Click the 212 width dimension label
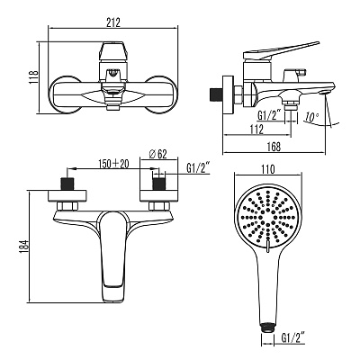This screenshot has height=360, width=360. pyautogui.click(x=113, y=22)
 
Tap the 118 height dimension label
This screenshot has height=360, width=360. pyautogui.click(x=34, y=77)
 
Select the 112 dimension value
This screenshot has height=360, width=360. pyautogui.click(x=256, y=130)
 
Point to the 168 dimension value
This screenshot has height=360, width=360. pyautogui.click(x=274, y=147)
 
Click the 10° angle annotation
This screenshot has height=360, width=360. pyautogui.click(x=311, y=117)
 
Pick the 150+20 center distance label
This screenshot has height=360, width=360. pyautogui.click(x=113, y=164)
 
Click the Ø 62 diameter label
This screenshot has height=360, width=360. pyautogui.click(x=158, y=154)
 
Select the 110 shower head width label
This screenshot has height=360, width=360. pyautogui.click(x=268, y=169)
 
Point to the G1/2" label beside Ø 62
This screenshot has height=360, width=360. pyautogui.click(x=198, y=168)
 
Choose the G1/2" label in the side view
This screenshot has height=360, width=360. pyautogui.click(x=270, y=114)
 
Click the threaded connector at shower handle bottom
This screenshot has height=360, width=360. pyautogui.click(x=267, y=328)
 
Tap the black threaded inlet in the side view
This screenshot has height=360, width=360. pyautogui.click(x=215, y=94)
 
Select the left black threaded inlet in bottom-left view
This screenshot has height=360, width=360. pyautogui.click(x=67, y=184)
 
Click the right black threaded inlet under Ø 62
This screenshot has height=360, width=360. pyautogui.click(x=159, y=184)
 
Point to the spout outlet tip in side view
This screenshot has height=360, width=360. pyautogui.click(x=326, y=92)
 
